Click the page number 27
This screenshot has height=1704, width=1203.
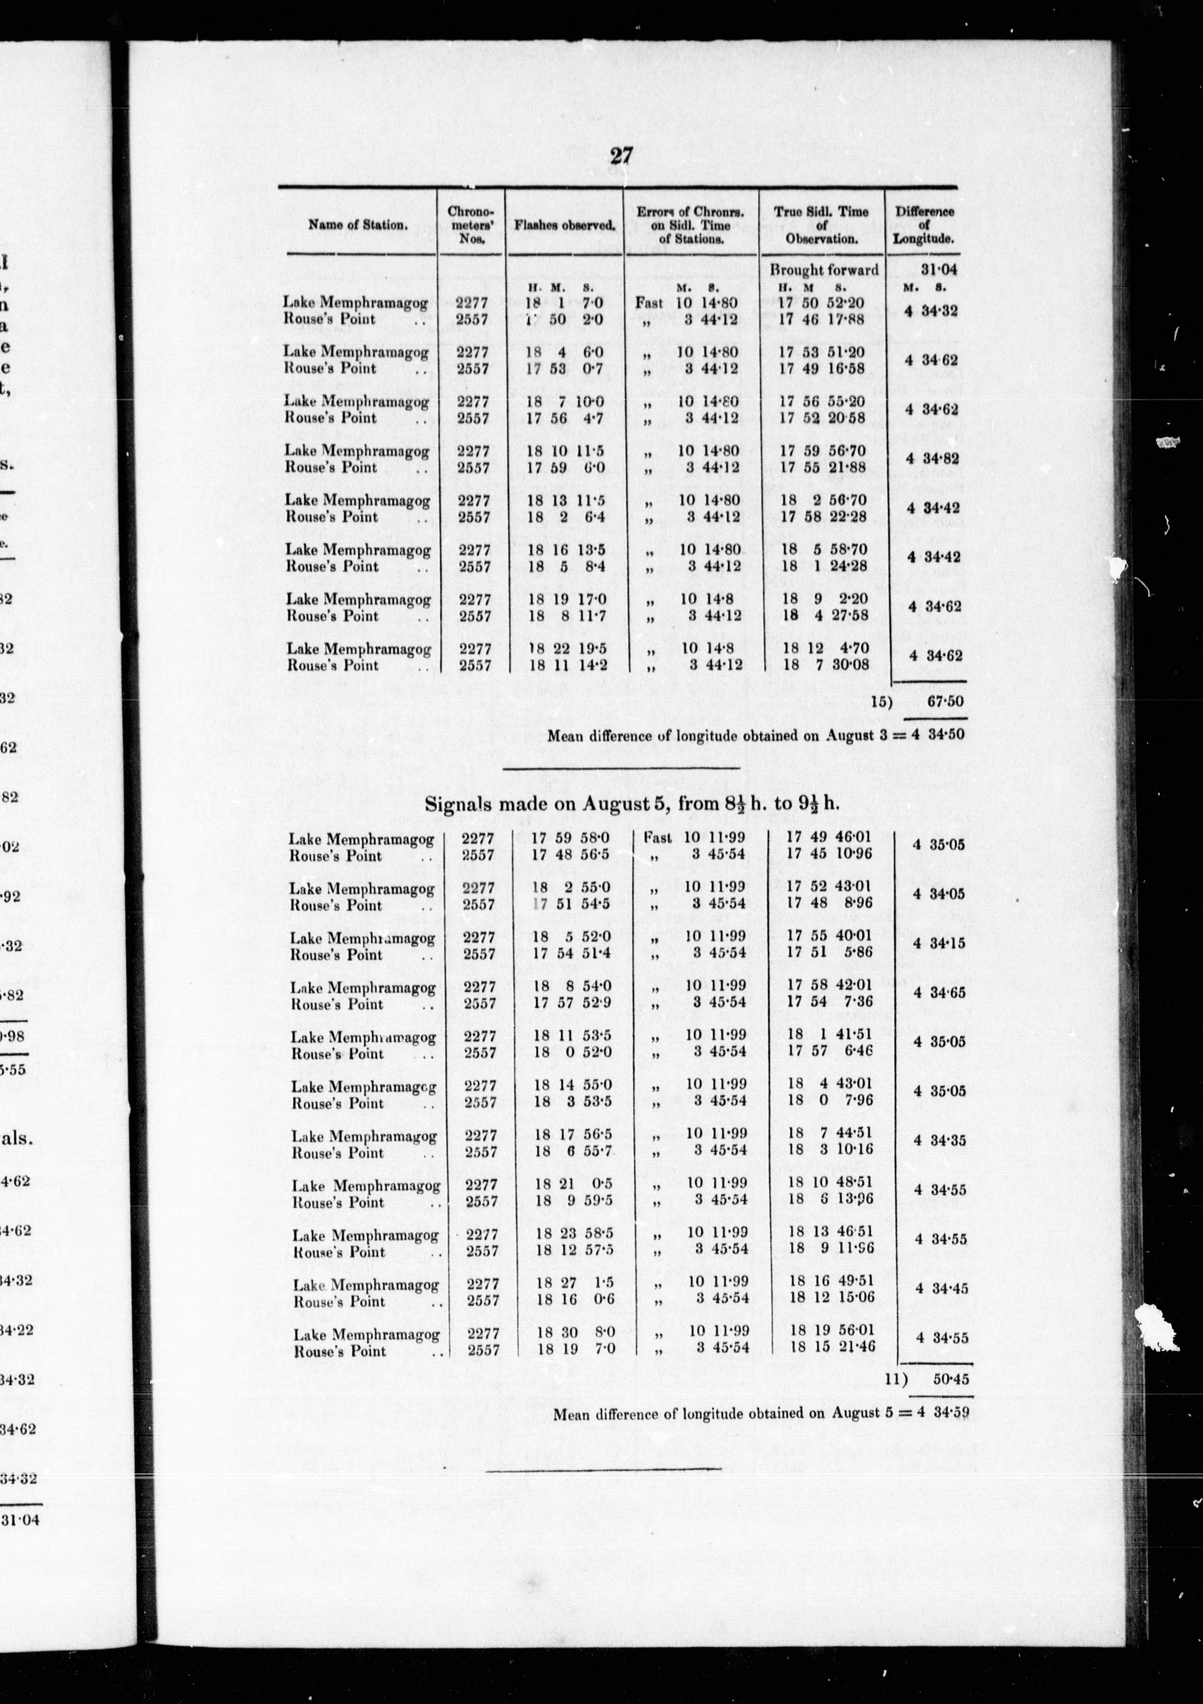point(620,156)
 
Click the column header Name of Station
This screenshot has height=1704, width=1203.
point(358,225)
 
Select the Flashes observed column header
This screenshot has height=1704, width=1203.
point(565,225)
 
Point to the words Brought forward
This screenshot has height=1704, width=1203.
point(823,269)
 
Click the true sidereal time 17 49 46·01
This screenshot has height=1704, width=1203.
point(828,837)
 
